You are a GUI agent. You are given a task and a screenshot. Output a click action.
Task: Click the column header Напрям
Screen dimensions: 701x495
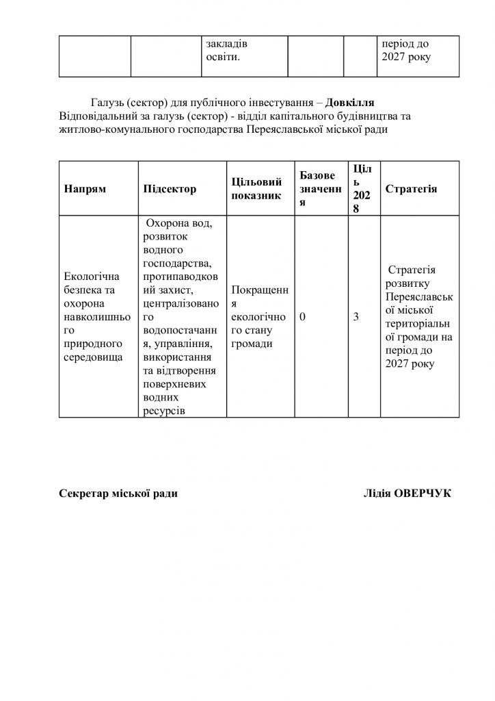(x=85, y=189)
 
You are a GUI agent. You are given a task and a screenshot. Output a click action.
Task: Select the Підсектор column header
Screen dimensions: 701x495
(x=170, y=189)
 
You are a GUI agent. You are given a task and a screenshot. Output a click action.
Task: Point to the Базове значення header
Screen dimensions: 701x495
(x=317, y=189)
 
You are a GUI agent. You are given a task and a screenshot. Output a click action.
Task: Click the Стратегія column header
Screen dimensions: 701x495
(x=412, y=189)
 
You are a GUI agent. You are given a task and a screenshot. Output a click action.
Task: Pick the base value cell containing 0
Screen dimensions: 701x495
(x=303, y=318)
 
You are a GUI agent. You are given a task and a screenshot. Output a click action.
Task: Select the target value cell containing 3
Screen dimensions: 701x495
(x=356, y=318)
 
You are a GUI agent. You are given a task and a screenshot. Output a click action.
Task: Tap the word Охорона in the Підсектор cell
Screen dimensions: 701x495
(x=170, y=224)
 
